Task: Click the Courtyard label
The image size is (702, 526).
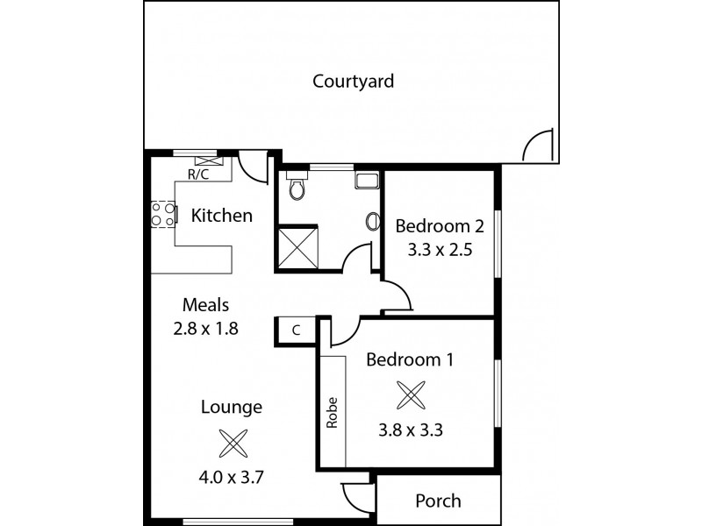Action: click(353, 82)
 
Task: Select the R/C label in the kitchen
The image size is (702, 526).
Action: click(198, 174)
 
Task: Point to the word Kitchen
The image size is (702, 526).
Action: click(222, 215)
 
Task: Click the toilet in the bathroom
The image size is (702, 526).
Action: click(296, 188)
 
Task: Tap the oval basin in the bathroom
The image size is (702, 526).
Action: click(372, 223)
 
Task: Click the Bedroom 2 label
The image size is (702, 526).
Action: click(440, 225)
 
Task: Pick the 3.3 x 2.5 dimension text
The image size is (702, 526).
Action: click(440, 248)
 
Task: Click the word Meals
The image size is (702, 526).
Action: click(205, 305)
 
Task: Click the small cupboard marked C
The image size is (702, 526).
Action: click(296, 331)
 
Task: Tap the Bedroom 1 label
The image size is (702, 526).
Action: click(410, 359)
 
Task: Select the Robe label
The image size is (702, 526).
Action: click(333, 412)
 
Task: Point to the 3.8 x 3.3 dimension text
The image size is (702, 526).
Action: click(410, 430)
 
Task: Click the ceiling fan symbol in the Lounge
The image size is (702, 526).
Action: click(232, 443)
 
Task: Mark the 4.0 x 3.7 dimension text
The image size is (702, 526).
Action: click(232, 478)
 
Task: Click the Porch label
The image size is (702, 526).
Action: click(437, 501)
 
